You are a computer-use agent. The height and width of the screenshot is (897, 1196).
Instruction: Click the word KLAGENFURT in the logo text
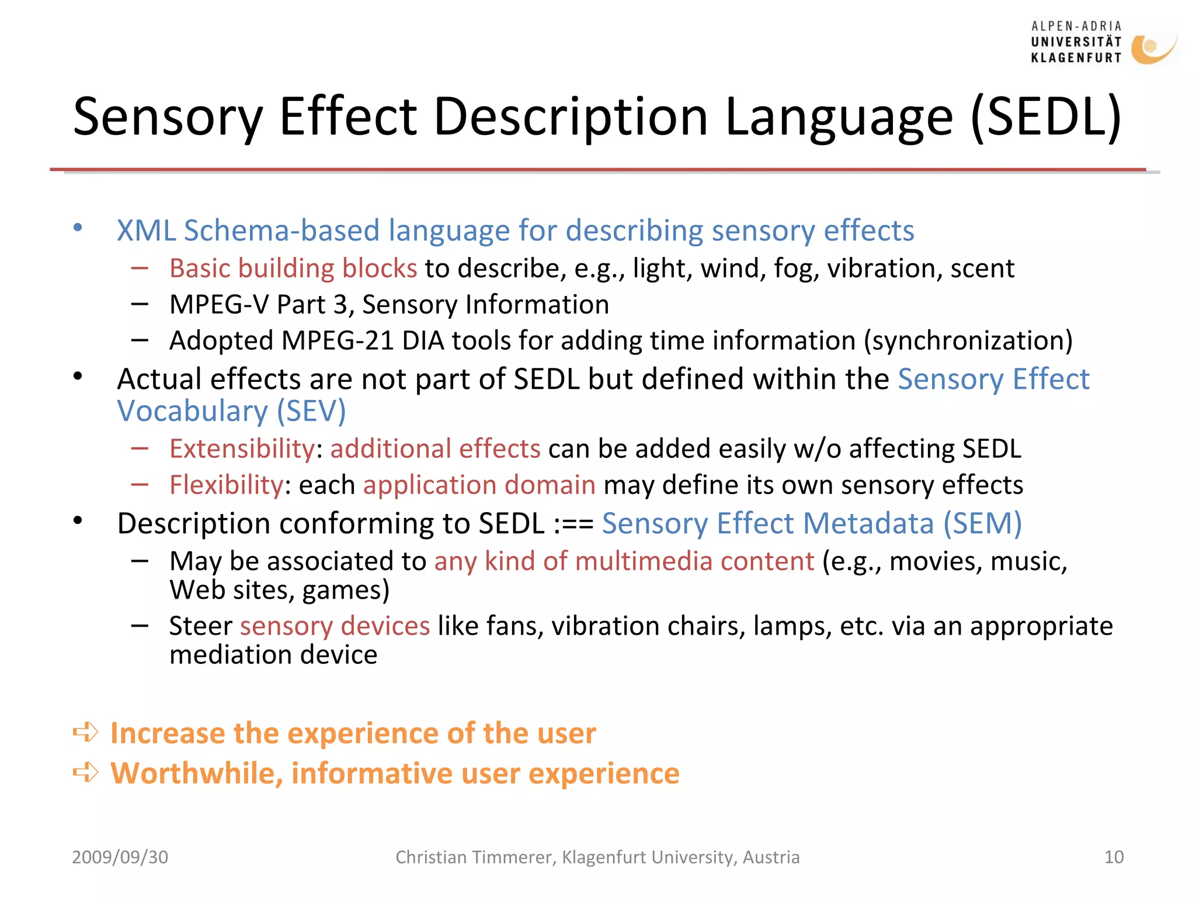tap(1076, 58)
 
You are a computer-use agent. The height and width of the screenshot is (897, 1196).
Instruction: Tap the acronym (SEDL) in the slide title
tap(1046, 117)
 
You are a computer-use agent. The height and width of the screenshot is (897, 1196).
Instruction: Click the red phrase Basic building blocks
tap(293, 269)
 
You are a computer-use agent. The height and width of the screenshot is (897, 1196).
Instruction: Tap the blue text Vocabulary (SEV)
tap(231, 411)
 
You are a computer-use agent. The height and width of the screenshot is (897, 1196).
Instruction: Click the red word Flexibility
tap(226, 485)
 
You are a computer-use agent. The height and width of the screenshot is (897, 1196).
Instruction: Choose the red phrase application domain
tap(479, 485)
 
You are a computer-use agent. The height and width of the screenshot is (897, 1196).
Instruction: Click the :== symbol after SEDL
tap(573, 524)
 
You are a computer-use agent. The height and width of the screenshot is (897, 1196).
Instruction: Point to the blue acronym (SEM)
tap(982, 524)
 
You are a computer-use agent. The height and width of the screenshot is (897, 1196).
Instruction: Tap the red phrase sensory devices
tap(335, 626)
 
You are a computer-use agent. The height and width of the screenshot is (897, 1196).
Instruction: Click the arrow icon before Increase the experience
tap(86, 732)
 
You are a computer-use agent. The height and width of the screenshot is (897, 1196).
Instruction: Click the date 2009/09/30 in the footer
tap(120, 857)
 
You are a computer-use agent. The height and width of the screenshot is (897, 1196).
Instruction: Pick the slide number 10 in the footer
tap(1114, 857)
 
